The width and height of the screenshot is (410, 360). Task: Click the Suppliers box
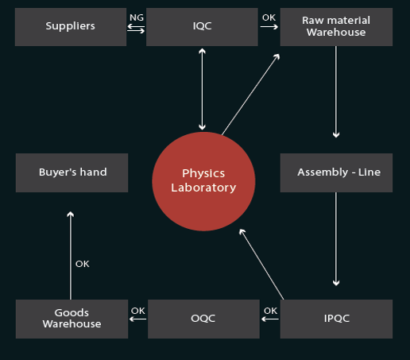point(71,27)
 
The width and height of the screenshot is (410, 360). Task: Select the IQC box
point(202,27)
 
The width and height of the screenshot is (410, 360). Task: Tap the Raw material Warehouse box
point(336,27)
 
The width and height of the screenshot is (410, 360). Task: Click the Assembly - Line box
point(336,172)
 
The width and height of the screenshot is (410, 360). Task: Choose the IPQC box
point(336,319)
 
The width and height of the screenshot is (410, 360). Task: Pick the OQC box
point(203,319)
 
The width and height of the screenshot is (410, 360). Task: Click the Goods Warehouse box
point(72,319)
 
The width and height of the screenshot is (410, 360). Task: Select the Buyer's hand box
point(72,172)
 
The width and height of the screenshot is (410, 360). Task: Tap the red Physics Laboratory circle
point(203,181)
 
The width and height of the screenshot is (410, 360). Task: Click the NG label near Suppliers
point(137,17)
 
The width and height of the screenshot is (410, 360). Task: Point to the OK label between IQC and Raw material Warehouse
point(269,17)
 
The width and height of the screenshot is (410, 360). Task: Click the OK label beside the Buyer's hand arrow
point(83,264)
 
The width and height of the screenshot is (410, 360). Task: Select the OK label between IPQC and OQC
point(271,311)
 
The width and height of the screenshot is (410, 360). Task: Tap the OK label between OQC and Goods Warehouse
point(138,311)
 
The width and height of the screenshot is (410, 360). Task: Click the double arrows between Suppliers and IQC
point(136,29)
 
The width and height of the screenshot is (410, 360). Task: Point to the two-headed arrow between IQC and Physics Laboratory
point(202,89)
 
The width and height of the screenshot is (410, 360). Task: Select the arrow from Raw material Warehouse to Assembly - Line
point(336,92)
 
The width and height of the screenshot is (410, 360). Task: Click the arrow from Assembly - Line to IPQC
point(336,239)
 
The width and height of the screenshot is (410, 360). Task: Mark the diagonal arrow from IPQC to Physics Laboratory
point(261,265)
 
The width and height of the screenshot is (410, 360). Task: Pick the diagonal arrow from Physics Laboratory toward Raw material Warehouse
point(251,95)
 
